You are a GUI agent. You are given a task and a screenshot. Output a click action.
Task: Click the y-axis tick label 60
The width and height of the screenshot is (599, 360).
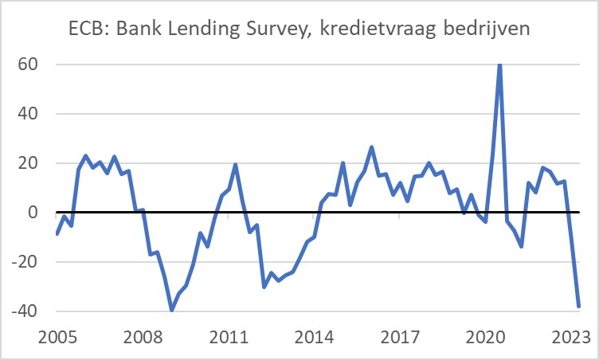point(29,65)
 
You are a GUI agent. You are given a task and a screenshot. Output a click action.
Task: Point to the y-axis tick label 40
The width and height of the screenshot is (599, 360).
point(29,114)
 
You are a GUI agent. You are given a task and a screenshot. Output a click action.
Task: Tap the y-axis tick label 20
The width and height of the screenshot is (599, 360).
point(29,163)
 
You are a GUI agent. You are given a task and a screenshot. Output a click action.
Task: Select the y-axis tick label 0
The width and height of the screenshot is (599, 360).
point(34,213)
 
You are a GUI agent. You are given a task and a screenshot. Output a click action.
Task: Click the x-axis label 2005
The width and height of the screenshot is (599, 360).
point(57,337)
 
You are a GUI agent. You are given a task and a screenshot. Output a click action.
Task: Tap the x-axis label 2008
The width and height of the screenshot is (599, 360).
point(143,337)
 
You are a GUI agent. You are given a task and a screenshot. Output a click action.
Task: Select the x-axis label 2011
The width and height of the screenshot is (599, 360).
point(230,337)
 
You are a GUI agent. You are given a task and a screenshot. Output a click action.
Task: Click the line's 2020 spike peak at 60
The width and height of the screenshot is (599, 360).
point(499,65)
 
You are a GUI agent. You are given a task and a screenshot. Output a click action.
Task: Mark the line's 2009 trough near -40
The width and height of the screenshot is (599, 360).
point(171,310)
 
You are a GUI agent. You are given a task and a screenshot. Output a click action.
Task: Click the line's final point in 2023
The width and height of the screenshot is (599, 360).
point(579,306)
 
